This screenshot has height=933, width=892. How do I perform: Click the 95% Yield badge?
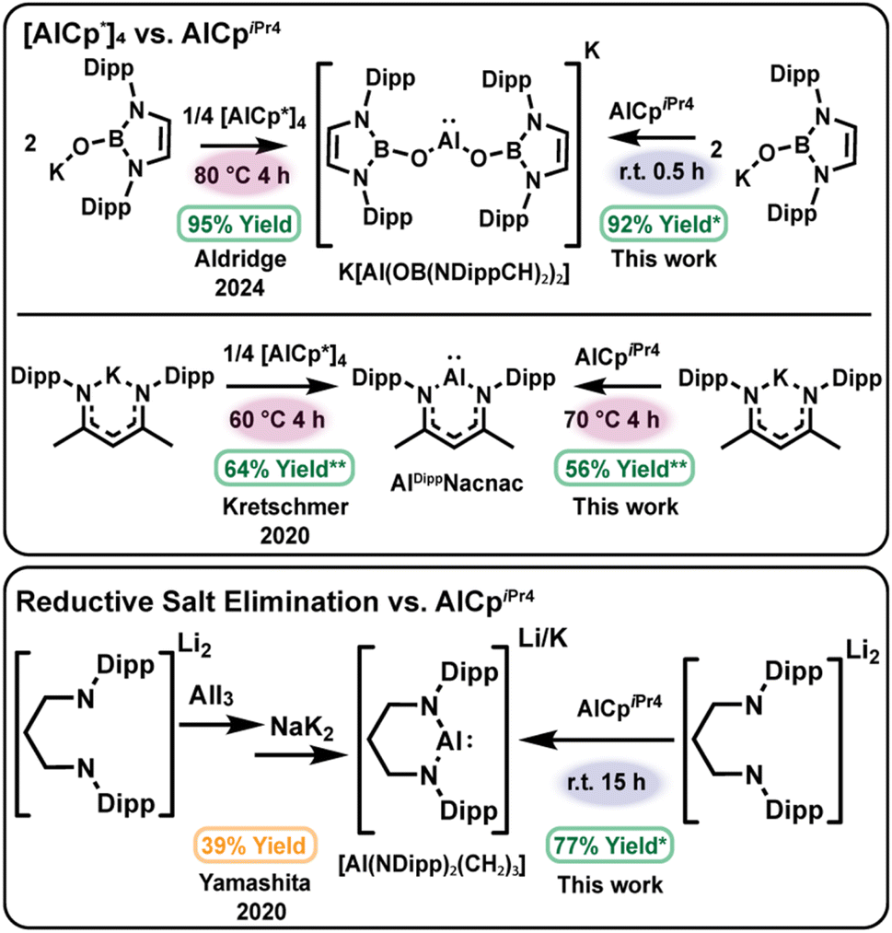[239, 225]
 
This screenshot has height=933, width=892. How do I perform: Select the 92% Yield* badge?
[664, 225]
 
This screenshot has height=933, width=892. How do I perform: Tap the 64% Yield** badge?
[284, 469]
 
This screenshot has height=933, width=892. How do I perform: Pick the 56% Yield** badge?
[625, 469]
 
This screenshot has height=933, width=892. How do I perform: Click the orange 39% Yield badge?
[254, 846]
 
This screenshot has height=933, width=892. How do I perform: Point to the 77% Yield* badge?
[609, 846]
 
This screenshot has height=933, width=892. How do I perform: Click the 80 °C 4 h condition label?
[242, 176]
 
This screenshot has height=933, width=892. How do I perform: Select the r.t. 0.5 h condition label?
[662, 172]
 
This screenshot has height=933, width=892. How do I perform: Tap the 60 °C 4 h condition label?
[277, 419]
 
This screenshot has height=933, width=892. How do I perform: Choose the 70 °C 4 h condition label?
[612, 419]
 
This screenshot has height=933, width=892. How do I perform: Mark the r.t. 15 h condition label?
[607, 782]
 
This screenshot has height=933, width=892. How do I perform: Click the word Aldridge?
[240, 260]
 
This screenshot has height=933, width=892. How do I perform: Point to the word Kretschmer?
[285, 507]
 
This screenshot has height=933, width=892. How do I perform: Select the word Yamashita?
[254, 883]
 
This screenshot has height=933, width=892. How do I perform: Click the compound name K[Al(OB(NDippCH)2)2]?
[454, 274]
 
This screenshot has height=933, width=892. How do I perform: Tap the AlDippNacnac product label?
[457, 483]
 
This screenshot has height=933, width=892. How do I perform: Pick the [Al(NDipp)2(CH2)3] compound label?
[432, 865]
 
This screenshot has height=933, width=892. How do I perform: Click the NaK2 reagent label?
[302, 728]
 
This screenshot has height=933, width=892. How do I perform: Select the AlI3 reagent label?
[211, 695]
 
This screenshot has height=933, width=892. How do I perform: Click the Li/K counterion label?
[543, 639]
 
